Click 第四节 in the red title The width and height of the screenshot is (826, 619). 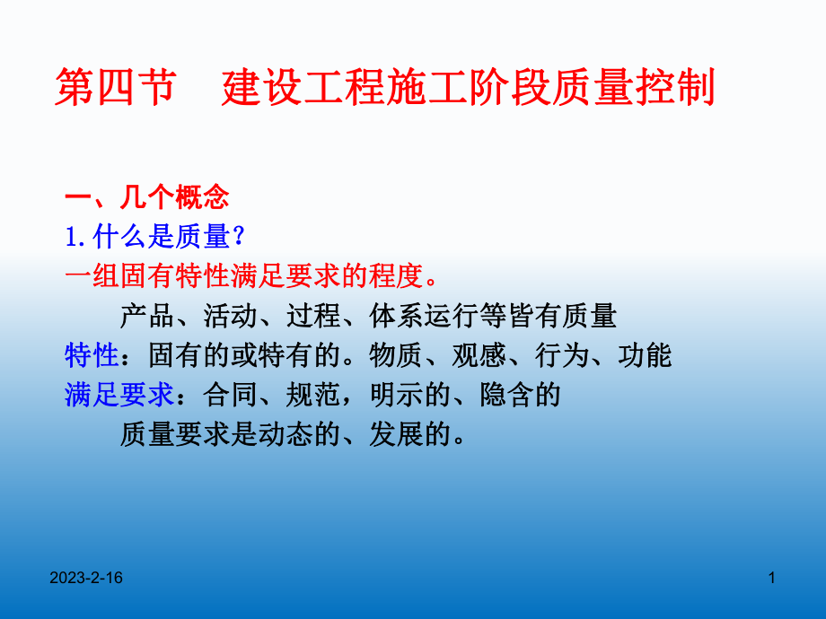pyautogui.click(x=114, y=91)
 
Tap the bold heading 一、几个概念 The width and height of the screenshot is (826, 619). pyautogui.click(x=147, y=196)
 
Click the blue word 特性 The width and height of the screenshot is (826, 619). pyautogui.click(x=92, y=355)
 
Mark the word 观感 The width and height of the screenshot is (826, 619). pyautogui.click(x=479, y=355)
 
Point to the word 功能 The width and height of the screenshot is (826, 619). pyautogui.click(x=646, y=355)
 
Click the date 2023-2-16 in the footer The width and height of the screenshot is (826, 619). pyautogui.click(x=86, y=580)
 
